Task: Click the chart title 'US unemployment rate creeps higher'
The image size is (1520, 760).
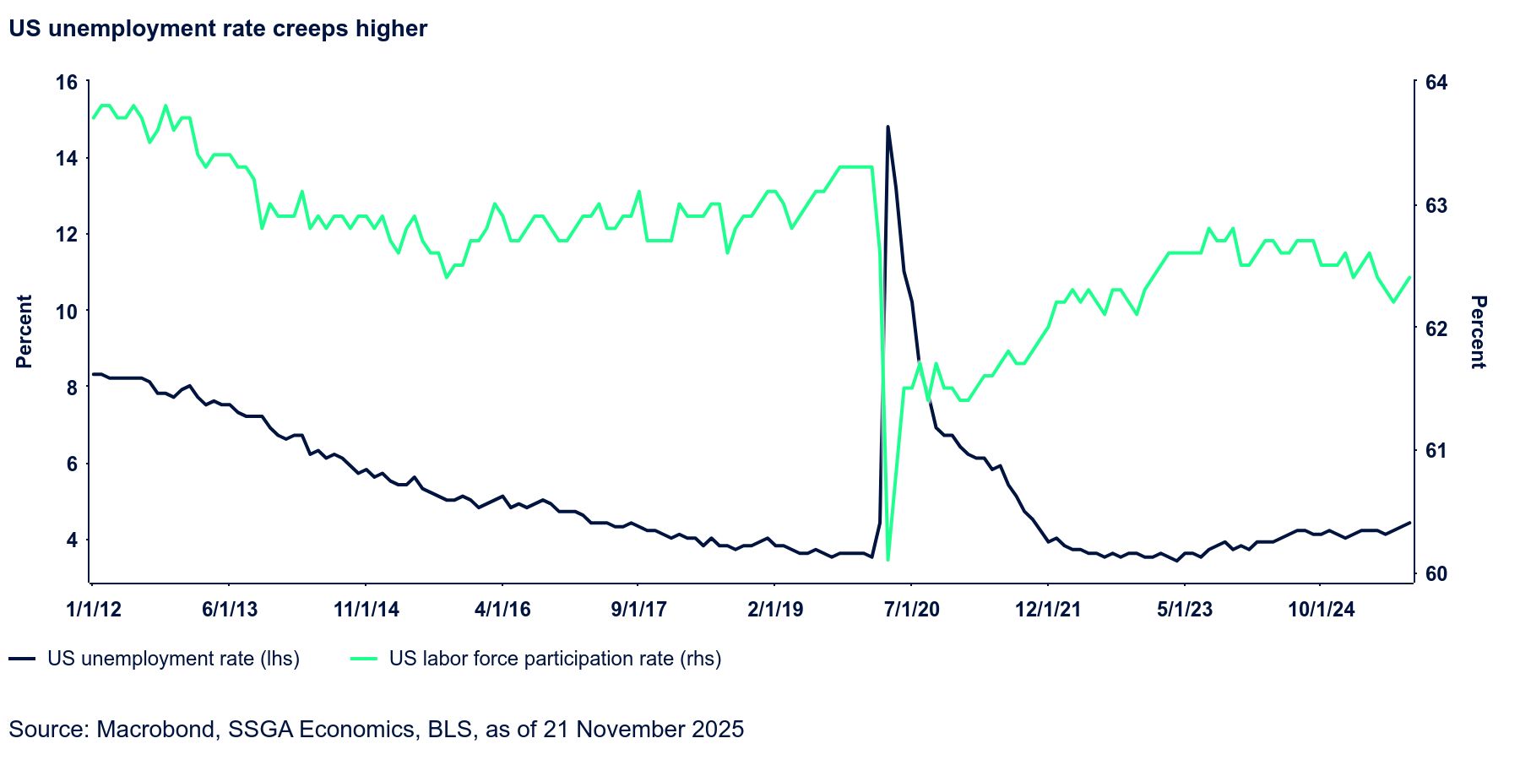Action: pyautogui.click(x=218, y=29)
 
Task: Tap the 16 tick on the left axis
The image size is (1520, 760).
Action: pyautogui.click(x=66, y=83)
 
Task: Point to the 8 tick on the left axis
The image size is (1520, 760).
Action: pyautogui.click(x=72, y=388)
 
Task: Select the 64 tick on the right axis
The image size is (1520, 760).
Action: pyautogui.click(x=1436, y=83)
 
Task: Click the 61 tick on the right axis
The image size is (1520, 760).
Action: pyautogui.click(x=1436, y=451)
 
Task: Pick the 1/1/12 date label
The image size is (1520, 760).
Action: pyautogui.click(x=94, y=610)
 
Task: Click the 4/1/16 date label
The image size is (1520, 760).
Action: pyautogui.click(x=502, y=610)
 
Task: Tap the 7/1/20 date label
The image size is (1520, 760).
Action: pyautogui.click(x=911, y=610)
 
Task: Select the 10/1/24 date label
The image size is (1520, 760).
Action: pyautogui.click(x=1321, y=610)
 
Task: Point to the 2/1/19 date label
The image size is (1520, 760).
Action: pyautogui.click(x=774, y=610)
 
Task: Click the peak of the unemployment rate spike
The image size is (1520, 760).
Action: pyautogui.click(x=888, y=127)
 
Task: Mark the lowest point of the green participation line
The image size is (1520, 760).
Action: pyautogui.click(x=888, y=559)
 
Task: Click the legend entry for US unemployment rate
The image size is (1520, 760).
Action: pyautogui.click(x=173, y=659)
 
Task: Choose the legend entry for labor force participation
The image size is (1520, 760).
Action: pyautogui.click(x=555, y=659)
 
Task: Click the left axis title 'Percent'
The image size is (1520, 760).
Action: pyautogui.click(x=24, y=331)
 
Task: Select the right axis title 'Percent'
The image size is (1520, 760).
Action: pyautogui.click(x=1478, y=331)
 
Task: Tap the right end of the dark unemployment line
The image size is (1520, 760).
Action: pyautogui.click(x=1409, y=523)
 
